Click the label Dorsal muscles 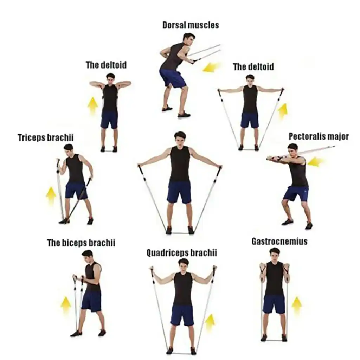tap(191, 25)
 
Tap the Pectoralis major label tap(319, 136)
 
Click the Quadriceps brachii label tap(181, 253)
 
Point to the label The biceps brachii tap(81, 243)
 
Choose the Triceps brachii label tap(46, 137)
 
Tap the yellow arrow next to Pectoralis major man tap(315, 162)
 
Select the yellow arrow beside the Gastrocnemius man tap(297, 305)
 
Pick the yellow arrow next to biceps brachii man tap(66, 304)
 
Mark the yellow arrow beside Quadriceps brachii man tap(210, 322)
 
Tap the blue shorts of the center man tap(179, 192)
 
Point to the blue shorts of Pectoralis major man tap(296, 193)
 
